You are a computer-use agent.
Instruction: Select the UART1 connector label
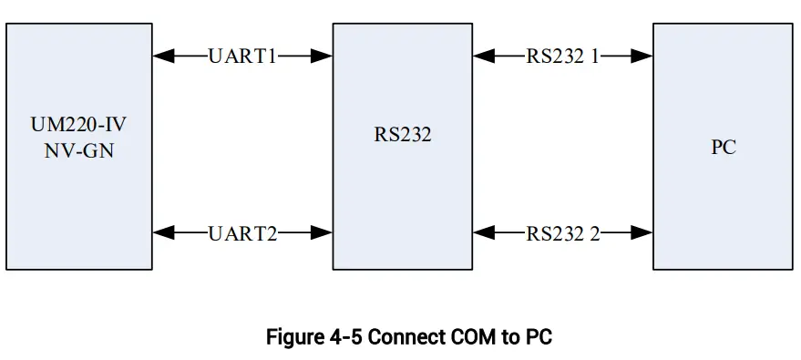coord(242,56)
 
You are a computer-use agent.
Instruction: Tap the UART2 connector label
coord(242,232)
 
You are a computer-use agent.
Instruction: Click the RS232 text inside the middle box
coord(402,137)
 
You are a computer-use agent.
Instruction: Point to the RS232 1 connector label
coord(562,56)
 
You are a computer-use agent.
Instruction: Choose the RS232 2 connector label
coord(562,232)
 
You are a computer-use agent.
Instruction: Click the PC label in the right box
coord(723,147)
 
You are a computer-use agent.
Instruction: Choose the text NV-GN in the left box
coord(79,150)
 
